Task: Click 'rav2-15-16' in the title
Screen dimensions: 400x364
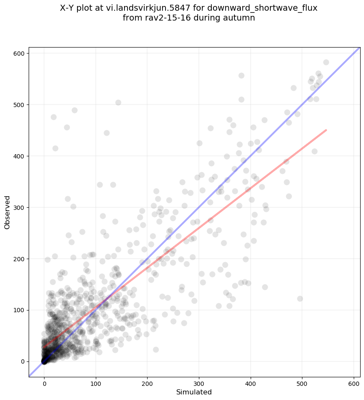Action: click(166, 18)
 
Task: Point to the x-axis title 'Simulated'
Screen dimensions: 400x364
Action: click(194, 392)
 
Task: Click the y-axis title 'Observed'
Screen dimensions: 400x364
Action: click(7, 212)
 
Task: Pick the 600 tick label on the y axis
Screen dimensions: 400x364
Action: click(20, 53)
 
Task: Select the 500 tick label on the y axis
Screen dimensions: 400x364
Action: click(20, 104)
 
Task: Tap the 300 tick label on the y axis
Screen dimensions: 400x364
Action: click(20, 207)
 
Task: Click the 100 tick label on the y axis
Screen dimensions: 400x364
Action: click(20, 310)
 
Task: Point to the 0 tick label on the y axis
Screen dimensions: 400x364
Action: click(23, 361)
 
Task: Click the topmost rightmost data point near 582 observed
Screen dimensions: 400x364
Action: click(326, 62)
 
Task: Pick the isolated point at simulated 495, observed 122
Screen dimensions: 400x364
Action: click(300, 299)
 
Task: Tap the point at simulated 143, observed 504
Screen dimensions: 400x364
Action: click(118, 102)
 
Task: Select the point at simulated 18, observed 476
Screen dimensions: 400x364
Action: click(53, 117)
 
